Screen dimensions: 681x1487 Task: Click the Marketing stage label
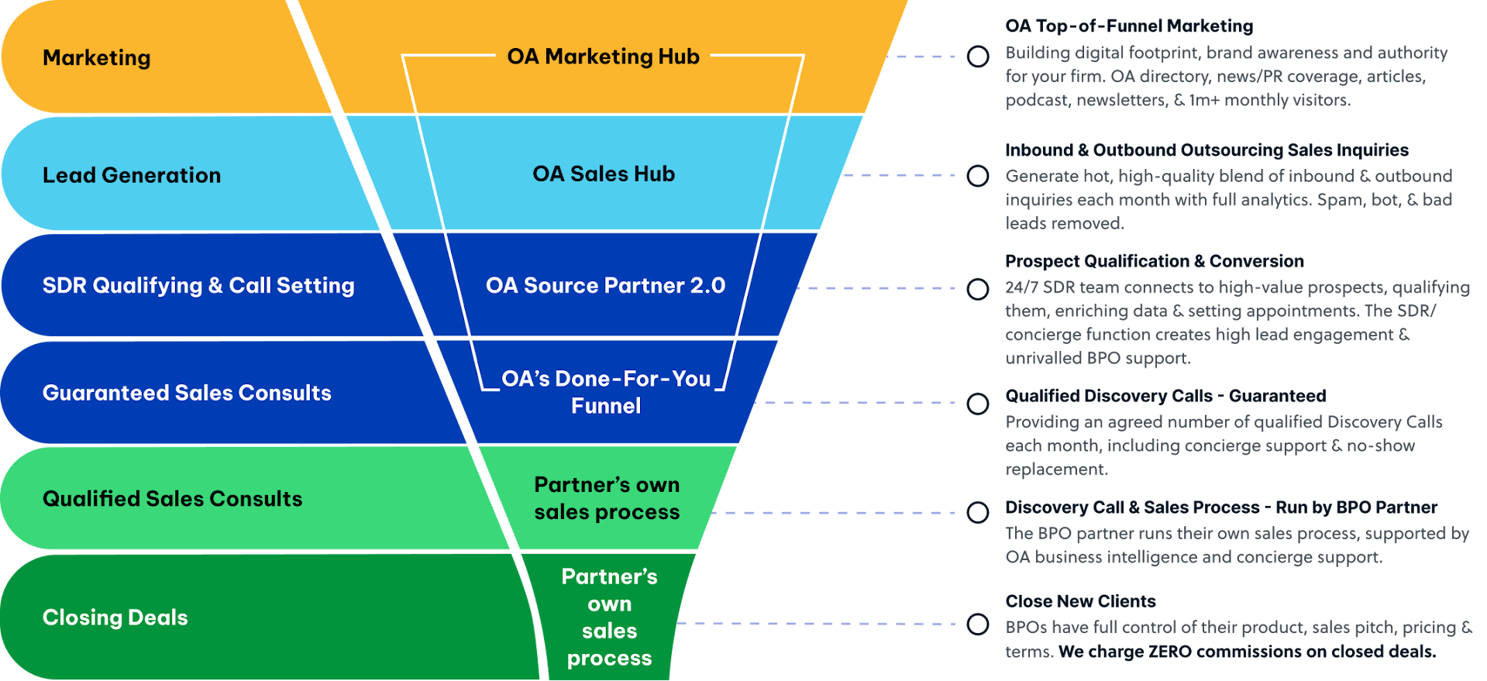pos(97,58)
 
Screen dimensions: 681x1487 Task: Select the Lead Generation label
pos(132,176)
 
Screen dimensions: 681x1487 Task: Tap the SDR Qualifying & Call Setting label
pos(198,286)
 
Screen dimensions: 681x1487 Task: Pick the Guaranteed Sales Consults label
pos(187,394)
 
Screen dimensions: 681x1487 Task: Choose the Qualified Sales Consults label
pos(172,499)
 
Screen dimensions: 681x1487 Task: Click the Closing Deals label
pos(115,617)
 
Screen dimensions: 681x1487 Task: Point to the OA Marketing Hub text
pos(603,57)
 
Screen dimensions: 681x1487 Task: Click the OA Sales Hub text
pos(604,174)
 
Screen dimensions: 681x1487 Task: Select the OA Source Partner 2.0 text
pos(605,286)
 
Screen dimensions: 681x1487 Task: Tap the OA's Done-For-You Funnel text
pos(606,392)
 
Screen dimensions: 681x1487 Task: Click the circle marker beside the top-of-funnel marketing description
pos(978,57)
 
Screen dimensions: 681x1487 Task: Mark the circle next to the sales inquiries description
pos(978,176)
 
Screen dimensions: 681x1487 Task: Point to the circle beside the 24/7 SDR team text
pos(978,289)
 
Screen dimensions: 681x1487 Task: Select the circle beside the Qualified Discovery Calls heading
pos(978,404)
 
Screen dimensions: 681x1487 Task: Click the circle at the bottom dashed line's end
pos(978,624)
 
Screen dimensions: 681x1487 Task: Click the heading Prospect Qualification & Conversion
pos(1155,261)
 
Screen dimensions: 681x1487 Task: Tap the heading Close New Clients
pos(1080,601)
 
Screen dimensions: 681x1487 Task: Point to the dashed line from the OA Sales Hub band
pos(899,175)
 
